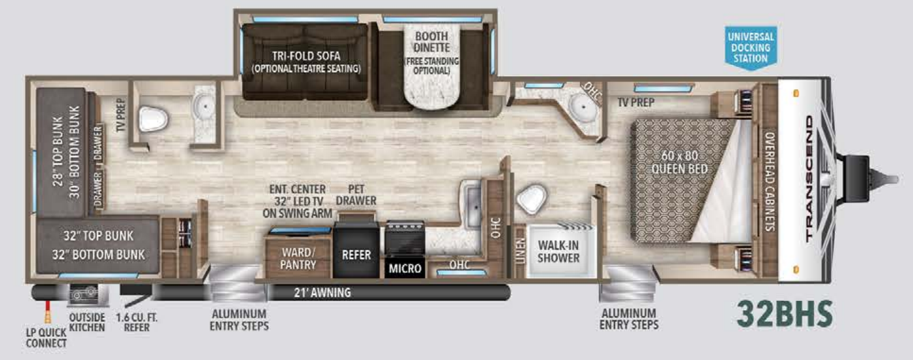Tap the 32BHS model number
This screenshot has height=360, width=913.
tap(785, 313)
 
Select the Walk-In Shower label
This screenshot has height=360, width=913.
tap(558, 251)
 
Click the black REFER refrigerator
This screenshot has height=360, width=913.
tap(357, 254)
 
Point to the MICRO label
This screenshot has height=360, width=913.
tap(404, 269)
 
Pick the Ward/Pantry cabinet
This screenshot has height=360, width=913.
tap(299, 258)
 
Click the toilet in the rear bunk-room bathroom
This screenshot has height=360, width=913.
tap(153, 119)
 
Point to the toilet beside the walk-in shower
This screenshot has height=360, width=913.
tap(532, 196)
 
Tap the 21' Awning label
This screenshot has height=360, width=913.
tap(322, 292)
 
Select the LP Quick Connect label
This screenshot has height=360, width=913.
tap(47, 338)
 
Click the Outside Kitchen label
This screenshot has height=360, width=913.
tap(87, 321)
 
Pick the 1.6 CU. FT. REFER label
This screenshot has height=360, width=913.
tap(138, 321)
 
